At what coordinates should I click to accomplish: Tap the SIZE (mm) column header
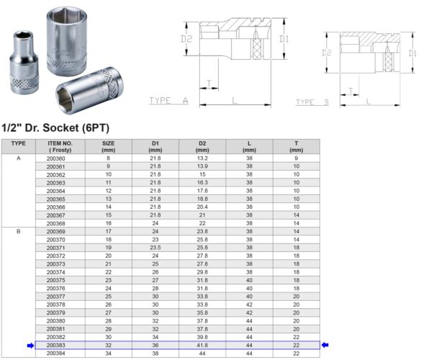[x=108, y=146]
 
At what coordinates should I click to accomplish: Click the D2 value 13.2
[x=202, y=158]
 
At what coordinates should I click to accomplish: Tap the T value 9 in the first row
[x=296, y=158]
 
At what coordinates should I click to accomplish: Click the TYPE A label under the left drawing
[x=168, y=101]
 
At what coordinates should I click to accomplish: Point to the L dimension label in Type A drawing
[x=237, y=100]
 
